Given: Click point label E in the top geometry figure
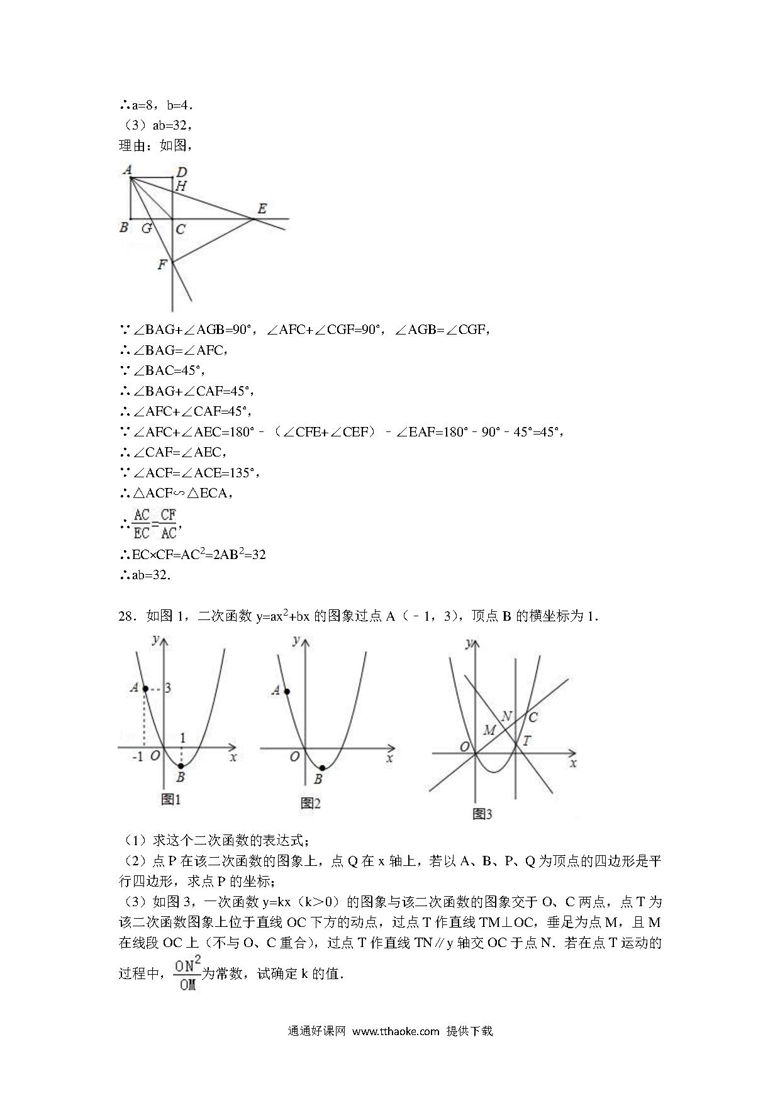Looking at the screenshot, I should click(x=262, y=208).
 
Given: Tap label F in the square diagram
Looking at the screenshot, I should click(x=162, y=265).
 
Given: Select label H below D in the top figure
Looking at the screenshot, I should click(x=181, y=186).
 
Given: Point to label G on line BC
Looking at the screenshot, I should click(x=147, y=228).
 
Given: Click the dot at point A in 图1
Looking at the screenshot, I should click(x=145, y=689).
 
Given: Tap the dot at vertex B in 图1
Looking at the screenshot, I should click(x=181, y=765).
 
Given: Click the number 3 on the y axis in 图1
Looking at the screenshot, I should click(x=168, y=688).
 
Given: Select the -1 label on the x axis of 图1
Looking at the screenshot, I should click(x=138, y=757).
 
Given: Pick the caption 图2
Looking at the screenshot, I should click(x=311, y=803).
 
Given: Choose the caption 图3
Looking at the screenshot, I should click(x=482, y=814).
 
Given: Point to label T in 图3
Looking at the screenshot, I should click(x=526, y=741).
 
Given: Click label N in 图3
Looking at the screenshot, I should click(x=506, y=716).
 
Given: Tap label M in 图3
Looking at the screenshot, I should click(x=489, y=730).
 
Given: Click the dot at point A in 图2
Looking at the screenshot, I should click(x=287, y=692).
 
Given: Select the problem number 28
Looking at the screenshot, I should click(x=127, y=616).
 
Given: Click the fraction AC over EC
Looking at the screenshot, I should click(x=142, y=524).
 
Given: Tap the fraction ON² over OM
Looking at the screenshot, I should click(x=187, y=973).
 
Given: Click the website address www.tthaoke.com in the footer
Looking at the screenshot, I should click(x=395, y=1031).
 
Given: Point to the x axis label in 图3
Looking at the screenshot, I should click(x=572, y=763).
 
